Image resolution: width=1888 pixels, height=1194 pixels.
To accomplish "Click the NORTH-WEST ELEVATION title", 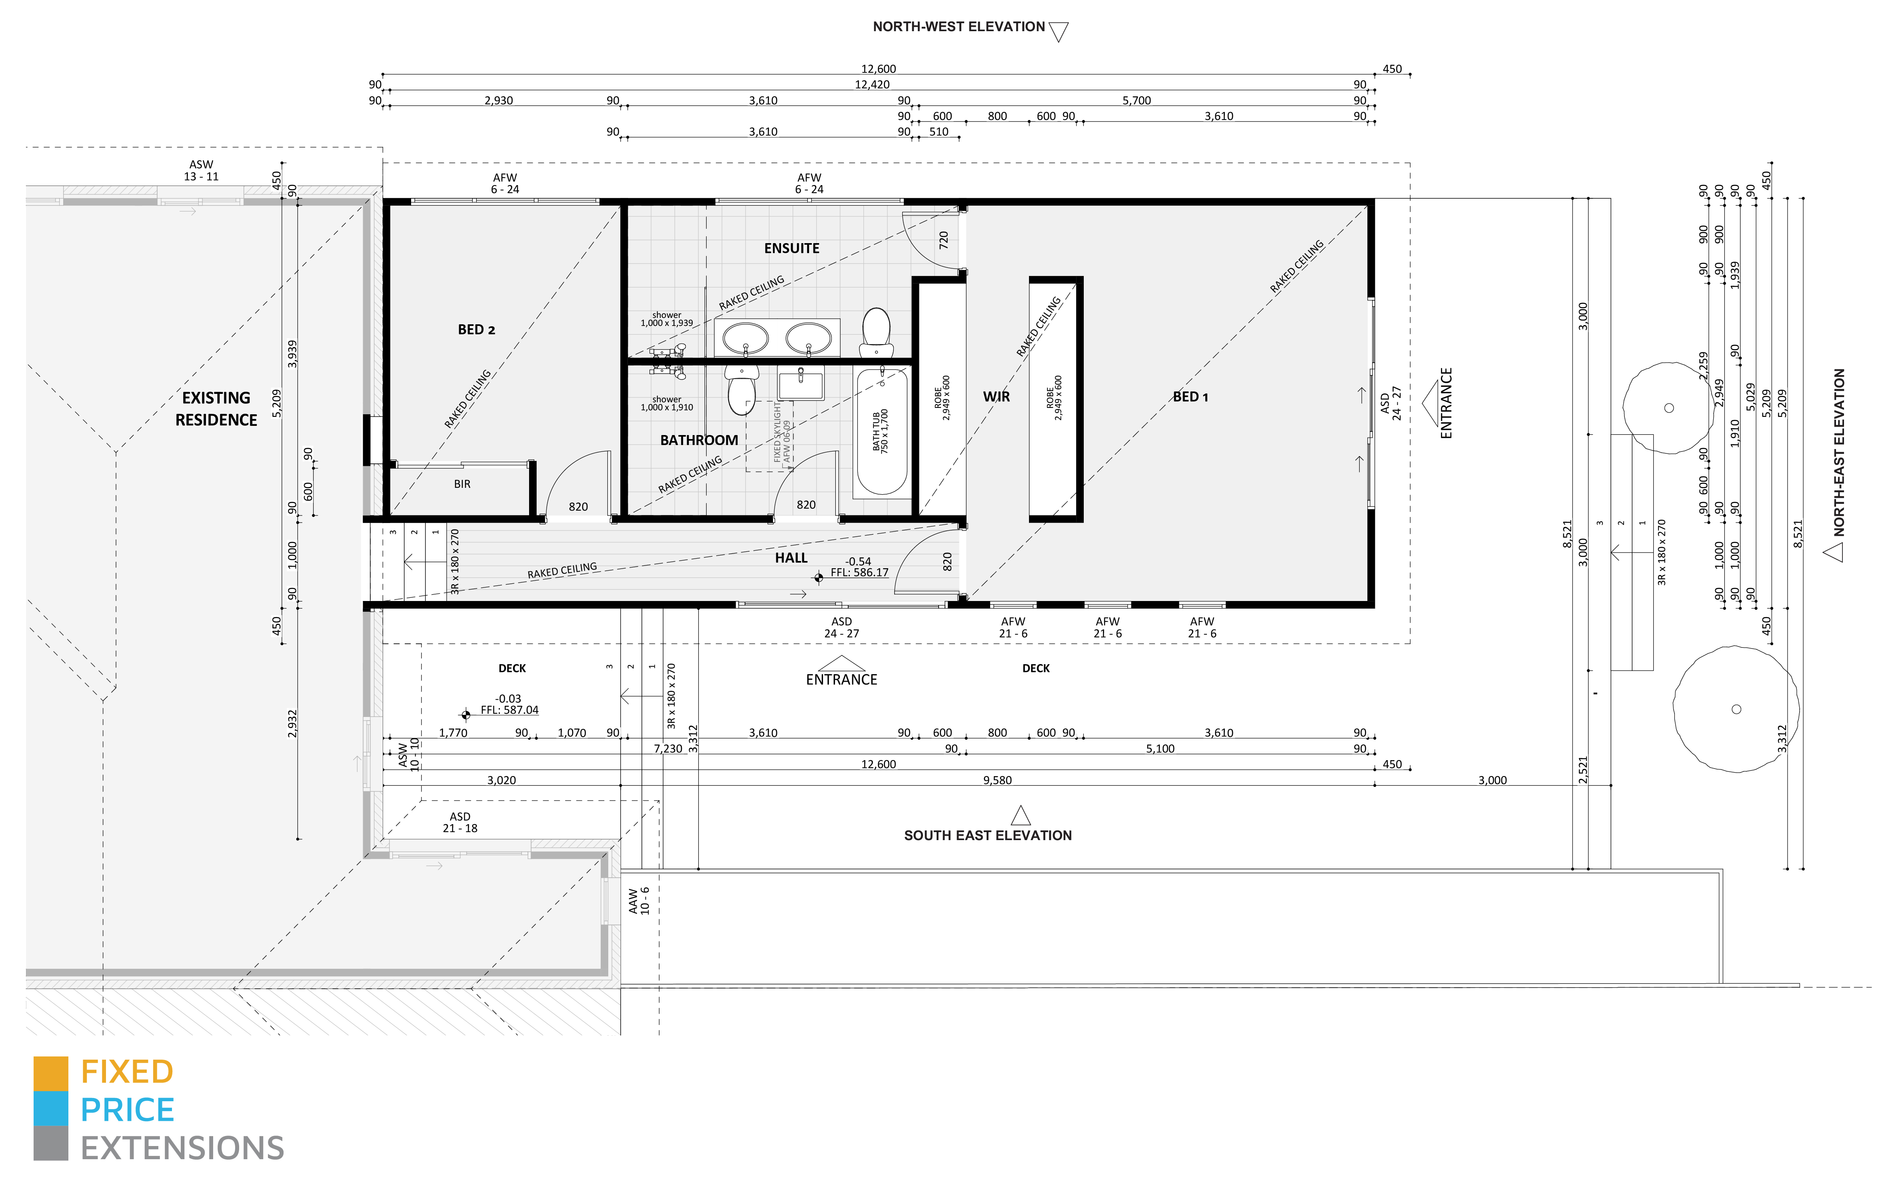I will point(958,27).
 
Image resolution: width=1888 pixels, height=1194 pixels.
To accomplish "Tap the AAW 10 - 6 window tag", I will point(639,901).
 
